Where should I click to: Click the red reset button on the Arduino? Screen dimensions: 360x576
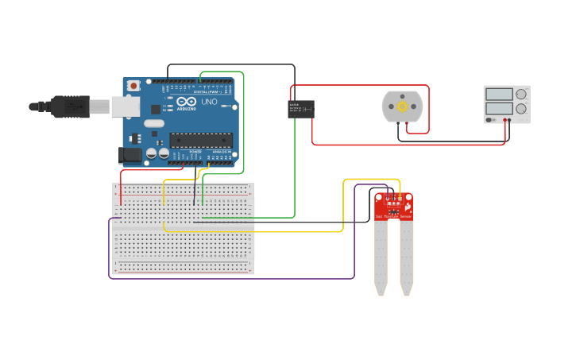pyautogui.click(x=133, y=85)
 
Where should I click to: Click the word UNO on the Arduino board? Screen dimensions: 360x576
pyautogui.click(x=210, y=103)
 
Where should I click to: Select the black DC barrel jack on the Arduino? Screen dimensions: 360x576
pyautogui.click(x=130, y=156)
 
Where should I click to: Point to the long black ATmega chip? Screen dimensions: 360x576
pyautogui.click(x=200, y=141)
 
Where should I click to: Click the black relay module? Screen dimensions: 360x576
pyautogui.click(x=300, y=109)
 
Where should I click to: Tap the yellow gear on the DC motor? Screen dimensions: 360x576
pyautogui.click(x=402, y=106)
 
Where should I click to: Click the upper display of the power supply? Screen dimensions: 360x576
pyautogui.click(x=499, y=95)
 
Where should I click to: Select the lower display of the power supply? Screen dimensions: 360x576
pyautogui.click(x=499, y=108)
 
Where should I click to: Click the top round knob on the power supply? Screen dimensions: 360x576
pyautogui.click(x=521, y=95)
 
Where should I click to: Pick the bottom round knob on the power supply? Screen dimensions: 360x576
pyautogui.click(x=521, y=109)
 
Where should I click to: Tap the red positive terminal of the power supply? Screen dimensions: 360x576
pyautogui.click(x=505, y=120)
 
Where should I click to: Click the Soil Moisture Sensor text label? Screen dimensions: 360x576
pyautogui.click(x=393, y=215)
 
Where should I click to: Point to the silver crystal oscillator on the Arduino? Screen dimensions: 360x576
pyautogui.click(x=153, y=123)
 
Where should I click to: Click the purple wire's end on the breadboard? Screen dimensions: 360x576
pyautogui.click(x=120, y=217)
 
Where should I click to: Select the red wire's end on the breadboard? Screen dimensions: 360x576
pyautogui.click(x=122, y=203)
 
